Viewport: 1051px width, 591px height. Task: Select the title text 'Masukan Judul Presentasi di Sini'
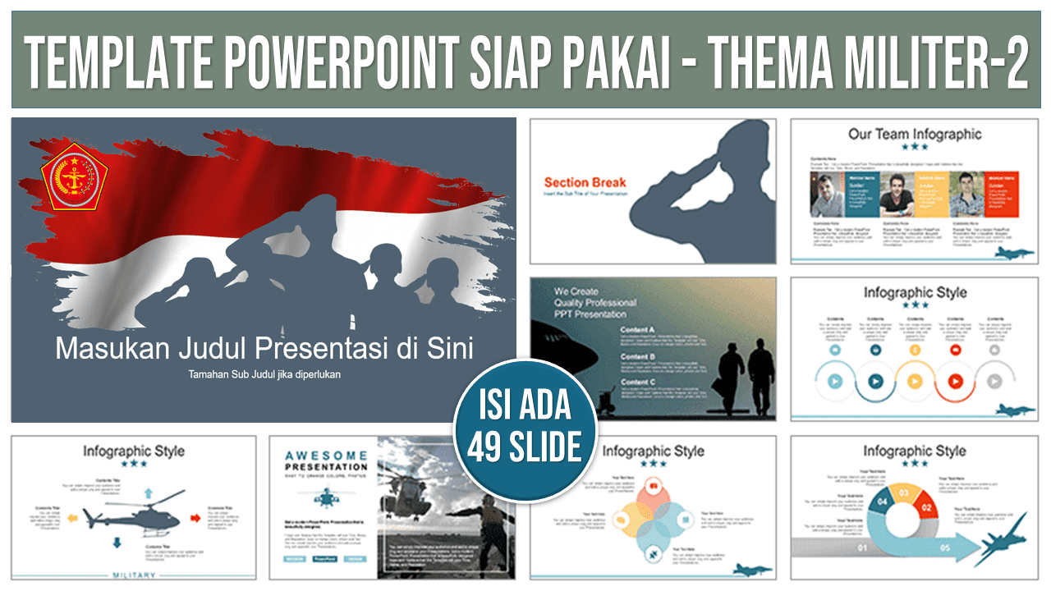[264, 349]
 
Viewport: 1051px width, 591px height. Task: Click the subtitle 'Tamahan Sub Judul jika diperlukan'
[264, 374]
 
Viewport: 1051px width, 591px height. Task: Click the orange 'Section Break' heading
[585, 182]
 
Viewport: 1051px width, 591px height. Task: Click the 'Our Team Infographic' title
[914, 134]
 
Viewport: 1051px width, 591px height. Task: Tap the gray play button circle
[994, 381]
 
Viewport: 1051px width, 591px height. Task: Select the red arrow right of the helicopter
[195, 517]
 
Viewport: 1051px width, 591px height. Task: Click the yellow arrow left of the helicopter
[72, 518]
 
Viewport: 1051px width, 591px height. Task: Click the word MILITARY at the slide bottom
[133, 575]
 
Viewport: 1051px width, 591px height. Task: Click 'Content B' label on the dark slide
[637, 356]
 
